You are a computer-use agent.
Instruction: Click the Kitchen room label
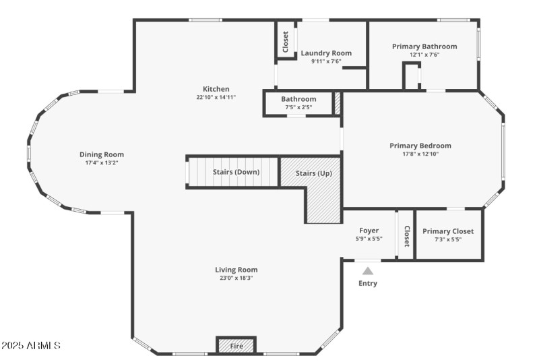click(x=216, y=89)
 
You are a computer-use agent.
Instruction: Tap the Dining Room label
click(x=102, y=154)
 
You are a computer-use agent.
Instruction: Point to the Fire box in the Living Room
click(x=236, y=346)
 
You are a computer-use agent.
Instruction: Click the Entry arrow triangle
click(x=368, y=271)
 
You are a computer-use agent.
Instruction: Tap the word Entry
click(x=368, y=283)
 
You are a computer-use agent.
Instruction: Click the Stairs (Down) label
click(x=236, y=172)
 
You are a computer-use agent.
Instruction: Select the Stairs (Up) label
click(x=314, y=173)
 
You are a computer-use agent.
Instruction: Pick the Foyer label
click(x=369, y=231)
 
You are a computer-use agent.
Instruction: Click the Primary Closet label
click(x=448, y=231)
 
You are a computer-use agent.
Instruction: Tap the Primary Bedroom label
click(x=420, y=145)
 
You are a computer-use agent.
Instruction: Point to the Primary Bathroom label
click(x=424, y=47)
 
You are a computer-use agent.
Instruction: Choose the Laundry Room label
click(x=326, y=53)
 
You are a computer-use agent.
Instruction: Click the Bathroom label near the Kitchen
click(x=298, y=99)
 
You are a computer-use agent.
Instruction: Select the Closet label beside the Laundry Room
click(x=286, y=42)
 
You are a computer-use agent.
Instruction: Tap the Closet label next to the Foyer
click(x=406, y=236)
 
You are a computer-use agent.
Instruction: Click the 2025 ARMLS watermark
click(x=31, y=346)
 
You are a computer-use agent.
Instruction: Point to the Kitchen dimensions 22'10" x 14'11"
click(x=216, y=97)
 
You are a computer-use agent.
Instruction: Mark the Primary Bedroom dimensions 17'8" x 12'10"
click(x=420, y=154)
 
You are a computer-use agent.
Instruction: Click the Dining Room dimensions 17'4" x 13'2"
click(x=102, y=162)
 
